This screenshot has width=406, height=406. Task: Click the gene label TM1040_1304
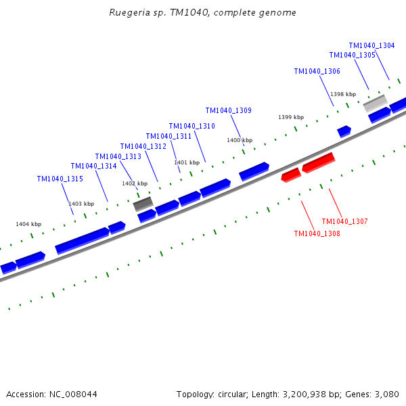pyautogui.click(x=371, y=45)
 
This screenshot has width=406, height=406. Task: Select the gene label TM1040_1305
pyautogui.click(x=352, y=55)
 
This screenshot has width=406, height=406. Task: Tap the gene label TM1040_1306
pyautogui.click(x=317, y=71)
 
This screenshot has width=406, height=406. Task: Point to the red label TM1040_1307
pyautogui.click(x=344, y=221)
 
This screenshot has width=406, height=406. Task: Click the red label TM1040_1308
pyautogui.click(x=317, y=233)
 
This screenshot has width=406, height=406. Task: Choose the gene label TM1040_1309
pyautogui.click(x=228, y=110)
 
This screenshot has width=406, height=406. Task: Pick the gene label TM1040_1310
pyautogui.click(x=191, y=126)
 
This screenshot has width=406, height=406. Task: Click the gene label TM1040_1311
pyautogui.click(x=168, y=136)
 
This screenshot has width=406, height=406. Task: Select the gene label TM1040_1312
pyautogui.click(x=143, y=146)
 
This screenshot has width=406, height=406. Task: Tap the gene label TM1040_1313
pyautogui.click(x=118, y=156)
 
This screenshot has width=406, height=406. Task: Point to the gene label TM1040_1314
pyautogui.click(x=93, y=166)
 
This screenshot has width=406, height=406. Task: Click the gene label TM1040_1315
pyautogui.click(x=60, y=179)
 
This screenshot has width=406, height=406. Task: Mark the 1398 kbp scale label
pyautogui.click(x=343, y=94)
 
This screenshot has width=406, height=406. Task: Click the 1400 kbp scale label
pyautogui.click(x=240, y=140)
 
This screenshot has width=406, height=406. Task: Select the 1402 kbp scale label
pyautogui.click(x=135, y=183)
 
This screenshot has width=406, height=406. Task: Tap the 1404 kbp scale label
pyautogui.click(x=28, y=224)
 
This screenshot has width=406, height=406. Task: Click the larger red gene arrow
pyautogui.click(x=318, y=162)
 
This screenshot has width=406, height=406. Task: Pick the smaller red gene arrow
pyautogui.click(x=291, y=175)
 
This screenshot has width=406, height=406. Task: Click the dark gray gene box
pyautogui.click(x=143, y=203)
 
